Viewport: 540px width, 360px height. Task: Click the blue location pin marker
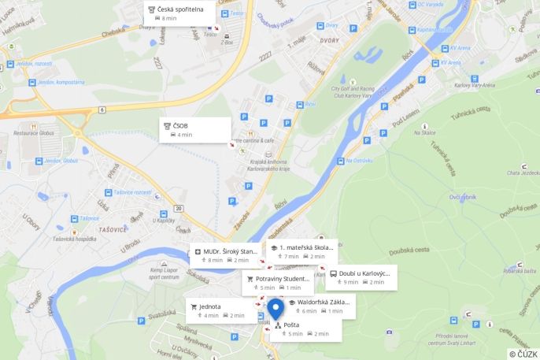(276, 309)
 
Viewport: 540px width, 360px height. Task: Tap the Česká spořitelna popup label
(179, 13)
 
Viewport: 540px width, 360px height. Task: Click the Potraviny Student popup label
(277, 282)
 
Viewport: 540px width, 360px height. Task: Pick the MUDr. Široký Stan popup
(224, 254)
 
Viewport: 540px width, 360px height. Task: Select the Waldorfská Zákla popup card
(319, 306)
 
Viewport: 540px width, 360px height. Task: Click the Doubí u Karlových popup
(361, 276)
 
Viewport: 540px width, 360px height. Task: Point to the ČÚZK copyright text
(523, 354)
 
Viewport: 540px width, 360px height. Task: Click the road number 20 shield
(179, 208)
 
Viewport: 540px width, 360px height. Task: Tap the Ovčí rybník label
(463, 196)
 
